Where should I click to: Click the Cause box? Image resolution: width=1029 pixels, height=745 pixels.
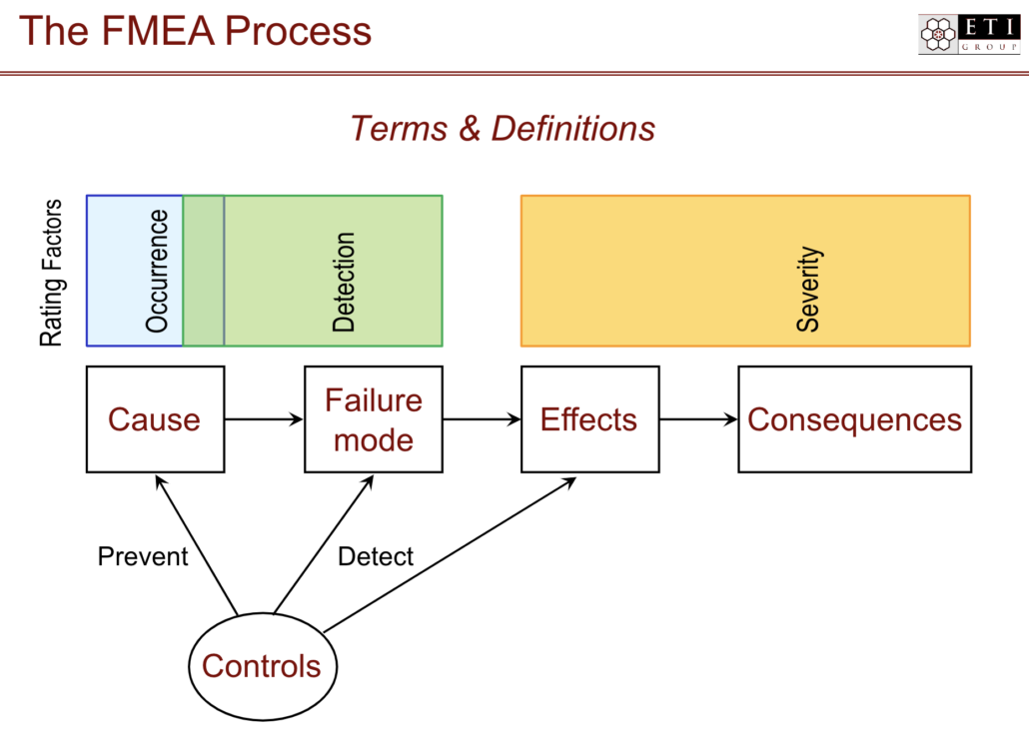tap(154, 419)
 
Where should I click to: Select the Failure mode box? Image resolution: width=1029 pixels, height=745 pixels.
tap(373, 419)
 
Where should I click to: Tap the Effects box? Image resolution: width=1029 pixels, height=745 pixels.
tap(589, 419)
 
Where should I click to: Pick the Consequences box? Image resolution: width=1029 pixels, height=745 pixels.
tap(854, 419)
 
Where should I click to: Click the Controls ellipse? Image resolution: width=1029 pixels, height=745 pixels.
tap(262, 666)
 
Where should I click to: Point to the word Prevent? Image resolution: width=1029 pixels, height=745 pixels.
tap(143, 556)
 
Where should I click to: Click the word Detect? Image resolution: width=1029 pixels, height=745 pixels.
tap(376, 556)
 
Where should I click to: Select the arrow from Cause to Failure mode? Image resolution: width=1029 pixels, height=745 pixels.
tap(264, 419)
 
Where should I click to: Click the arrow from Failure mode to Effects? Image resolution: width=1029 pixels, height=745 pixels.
tap(482, 419)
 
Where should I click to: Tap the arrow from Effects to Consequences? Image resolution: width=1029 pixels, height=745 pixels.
tap(698, 419)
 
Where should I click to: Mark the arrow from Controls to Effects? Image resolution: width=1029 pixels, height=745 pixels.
tap(450, 555)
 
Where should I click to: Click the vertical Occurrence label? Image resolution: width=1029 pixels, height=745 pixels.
tap(157, 271)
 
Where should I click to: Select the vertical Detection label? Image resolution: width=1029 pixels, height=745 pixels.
tap(344, 283)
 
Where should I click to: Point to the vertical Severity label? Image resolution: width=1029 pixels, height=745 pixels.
tap(808, 290)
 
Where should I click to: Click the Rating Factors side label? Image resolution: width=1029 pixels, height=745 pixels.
tap(51, 273)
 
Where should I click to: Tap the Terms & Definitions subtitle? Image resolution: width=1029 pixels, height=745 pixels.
tap(503, 129)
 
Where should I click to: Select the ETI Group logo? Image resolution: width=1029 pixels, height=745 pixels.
tap(968, 34)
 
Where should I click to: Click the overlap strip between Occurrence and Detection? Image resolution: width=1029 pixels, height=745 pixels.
tap(204, 271)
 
